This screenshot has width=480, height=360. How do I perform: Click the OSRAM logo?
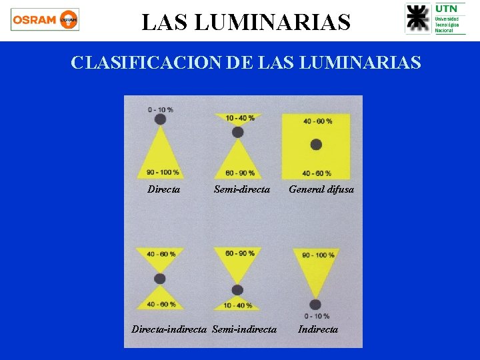coord(45,20)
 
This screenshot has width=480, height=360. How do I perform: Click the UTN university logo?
coord(435,19)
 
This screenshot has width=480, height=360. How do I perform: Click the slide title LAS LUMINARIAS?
coord(246,23)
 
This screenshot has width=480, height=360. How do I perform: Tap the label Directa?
coord(163,189)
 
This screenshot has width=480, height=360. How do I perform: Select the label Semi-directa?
coord(242,189)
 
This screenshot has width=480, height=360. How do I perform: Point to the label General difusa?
coord(321,189)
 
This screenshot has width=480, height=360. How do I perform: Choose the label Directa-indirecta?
coord(170,329)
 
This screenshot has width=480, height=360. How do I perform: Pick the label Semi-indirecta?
coord(244,329)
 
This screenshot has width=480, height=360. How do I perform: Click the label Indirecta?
coord(318,329)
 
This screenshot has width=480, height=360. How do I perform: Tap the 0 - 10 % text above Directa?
coord(161,109)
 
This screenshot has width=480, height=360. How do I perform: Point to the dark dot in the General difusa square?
coord(316,145)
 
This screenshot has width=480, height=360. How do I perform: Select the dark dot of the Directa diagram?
coord(160,119)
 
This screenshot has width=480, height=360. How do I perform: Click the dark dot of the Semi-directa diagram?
coord(237,132)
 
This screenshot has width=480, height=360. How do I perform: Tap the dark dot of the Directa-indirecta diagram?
coord(159,279)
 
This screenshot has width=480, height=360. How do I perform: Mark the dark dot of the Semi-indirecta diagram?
coord(237,289)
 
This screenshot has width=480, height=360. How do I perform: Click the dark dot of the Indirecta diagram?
coord(316,305)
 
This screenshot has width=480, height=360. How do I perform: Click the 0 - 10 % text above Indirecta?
coord(317,315)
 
